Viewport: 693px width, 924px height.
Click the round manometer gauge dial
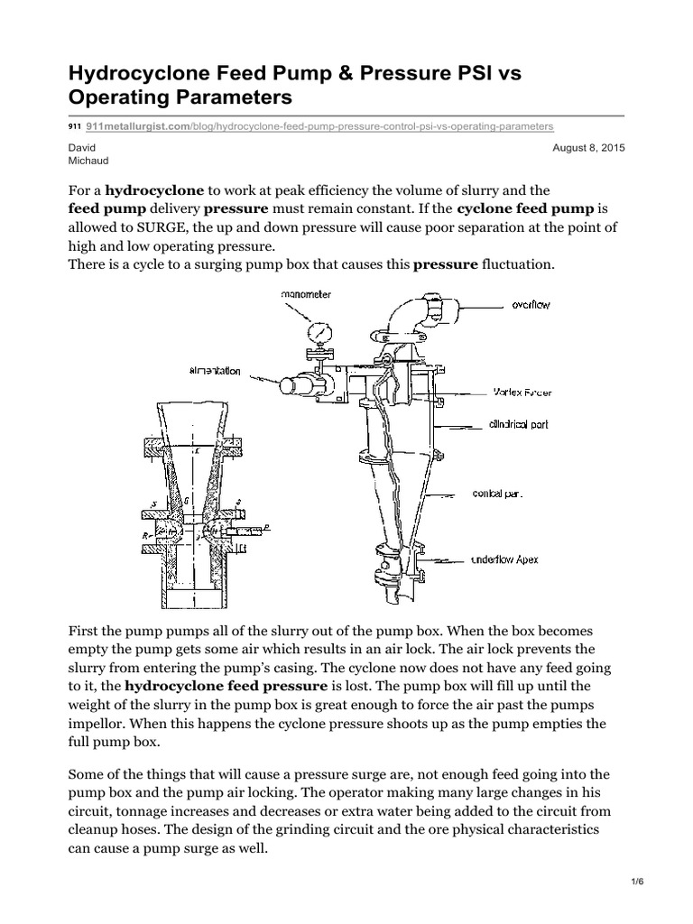(319, 333)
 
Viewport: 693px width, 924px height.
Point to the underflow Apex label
(505, 559)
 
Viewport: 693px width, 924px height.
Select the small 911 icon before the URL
(74, 127)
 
